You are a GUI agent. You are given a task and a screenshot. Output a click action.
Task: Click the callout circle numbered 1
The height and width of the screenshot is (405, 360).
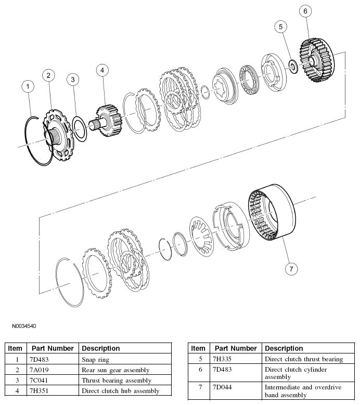coord(29,86)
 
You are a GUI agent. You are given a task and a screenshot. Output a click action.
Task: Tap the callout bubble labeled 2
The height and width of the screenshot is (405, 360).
coord(48,75)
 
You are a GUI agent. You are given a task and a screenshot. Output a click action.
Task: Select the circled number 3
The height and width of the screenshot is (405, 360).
coord(73,79)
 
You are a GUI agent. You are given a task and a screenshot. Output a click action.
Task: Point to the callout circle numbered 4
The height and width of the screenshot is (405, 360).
coord(102,69)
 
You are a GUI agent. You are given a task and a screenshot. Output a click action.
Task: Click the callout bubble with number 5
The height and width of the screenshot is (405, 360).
coord(280,26)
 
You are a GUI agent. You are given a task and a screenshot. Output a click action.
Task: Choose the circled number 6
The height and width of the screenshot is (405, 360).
coord(305,11)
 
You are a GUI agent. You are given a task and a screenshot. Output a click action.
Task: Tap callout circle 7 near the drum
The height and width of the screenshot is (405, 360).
coord(291,269)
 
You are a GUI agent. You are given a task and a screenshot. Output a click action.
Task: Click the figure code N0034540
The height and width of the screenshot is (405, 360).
coord(24,326)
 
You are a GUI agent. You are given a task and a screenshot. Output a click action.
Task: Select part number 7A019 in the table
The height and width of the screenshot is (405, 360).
coord(38,370)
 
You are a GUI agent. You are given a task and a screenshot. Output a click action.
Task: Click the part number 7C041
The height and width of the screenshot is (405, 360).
coord(38,381)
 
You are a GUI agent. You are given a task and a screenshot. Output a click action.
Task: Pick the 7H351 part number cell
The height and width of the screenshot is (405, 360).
coord(38,391)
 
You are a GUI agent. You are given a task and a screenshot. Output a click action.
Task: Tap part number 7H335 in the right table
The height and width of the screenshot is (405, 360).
coord(222,359)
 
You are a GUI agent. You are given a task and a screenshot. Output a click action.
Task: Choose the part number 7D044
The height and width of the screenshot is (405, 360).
coord(222,388)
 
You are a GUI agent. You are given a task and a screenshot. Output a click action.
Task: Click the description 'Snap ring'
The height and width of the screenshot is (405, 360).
coord(96,360)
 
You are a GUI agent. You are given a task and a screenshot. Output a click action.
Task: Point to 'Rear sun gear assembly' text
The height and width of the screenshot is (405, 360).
coord(115,370)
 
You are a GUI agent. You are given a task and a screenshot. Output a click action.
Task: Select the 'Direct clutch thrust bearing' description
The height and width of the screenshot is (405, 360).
coord(304,359)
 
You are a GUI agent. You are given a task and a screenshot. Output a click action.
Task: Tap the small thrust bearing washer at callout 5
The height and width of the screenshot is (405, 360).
coord(292,65)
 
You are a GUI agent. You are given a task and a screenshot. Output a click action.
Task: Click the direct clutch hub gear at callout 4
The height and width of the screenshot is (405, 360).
coord(108,121)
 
